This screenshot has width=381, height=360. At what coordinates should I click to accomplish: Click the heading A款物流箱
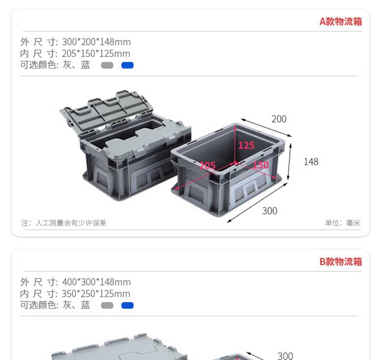[x=340, y=22]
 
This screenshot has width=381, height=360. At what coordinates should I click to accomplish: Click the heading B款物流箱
[x=340, y=262]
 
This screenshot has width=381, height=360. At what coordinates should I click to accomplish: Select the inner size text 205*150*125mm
[x=96, y=53]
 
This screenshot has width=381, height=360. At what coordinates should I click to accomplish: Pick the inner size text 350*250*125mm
[x=96, y=293]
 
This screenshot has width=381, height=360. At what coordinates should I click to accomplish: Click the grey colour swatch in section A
[x=107, y=65]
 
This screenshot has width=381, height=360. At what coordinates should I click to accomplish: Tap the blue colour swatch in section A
[x=127, y=65]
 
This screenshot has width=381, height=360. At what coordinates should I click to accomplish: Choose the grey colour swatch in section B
[x=107, y=305]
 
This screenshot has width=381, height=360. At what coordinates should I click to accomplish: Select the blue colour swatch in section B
[x=127, y=305]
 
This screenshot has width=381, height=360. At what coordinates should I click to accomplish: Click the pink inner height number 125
[x=246, y=145]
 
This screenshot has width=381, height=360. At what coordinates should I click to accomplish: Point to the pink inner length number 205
[x=207, y=166]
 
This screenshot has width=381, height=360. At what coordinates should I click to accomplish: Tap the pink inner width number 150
[x=260, y=165]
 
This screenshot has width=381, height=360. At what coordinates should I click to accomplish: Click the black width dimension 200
[x=279, y=119]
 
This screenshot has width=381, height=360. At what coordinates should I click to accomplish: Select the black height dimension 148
[x=311, y=161]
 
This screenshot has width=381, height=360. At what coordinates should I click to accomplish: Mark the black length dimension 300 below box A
[x=270, y=211]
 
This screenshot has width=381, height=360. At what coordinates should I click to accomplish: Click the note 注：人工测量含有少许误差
[x=64, y=223]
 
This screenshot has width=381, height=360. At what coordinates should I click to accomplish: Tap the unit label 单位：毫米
[x=342, y=223]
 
